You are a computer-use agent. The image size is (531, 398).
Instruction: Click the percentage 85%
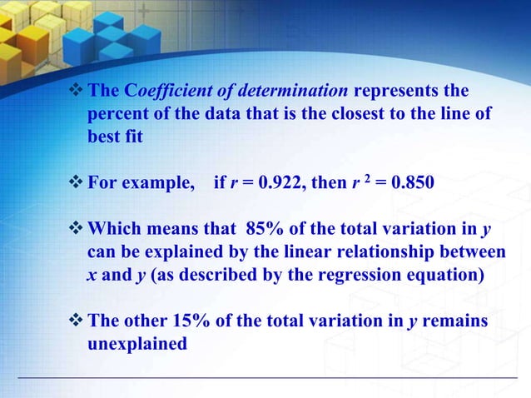pos(266,228)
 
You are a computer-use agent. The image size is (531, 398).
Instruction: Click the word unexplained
pos(137,341)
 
